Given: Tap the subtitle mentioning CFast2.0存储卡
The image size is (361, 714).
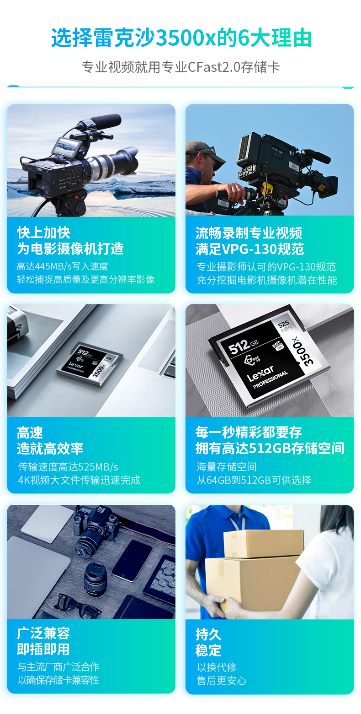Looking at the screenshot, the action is [x=180, y=67].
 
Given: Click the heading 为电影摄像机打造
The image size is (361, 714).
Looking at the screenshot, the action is [x=70, y=249].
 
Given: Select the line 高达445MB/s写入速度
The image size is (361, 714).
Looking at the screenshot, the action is [x=63, y=266].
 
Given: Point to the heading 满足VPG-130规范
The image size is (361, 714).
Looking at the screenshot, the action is [x=250, y=249].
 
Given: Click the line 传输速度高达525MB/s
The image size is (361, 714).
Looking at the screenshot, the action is [x=68, y=467].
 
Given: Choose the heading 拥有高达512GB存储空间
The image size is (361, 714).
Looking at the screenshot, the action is [x=270, y=448].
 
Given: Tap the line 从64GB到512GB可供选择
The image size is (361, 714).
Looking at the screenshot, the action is [x=254, y=480].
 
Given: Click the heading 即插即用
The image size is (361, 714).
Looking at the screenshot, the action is [x=43, y=649].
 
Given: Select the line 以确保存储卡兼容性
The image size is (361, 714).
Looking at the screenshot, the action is [x=58, y=680].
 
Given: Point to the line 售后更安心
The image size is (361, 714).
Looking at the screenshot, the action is [x=222, y=681].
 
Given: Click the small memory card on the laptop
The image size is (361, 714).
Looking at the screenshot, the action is [x=90, y=364].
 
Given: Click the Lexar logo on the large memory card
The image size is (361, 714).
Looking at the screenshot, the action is [x=260, y=373].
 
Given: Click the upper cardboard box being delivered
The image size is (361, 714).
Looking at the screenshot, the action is [x=264, y=544].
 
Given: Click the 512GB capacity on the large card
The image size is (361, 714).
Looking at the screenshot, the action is [x=244, y=346].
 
